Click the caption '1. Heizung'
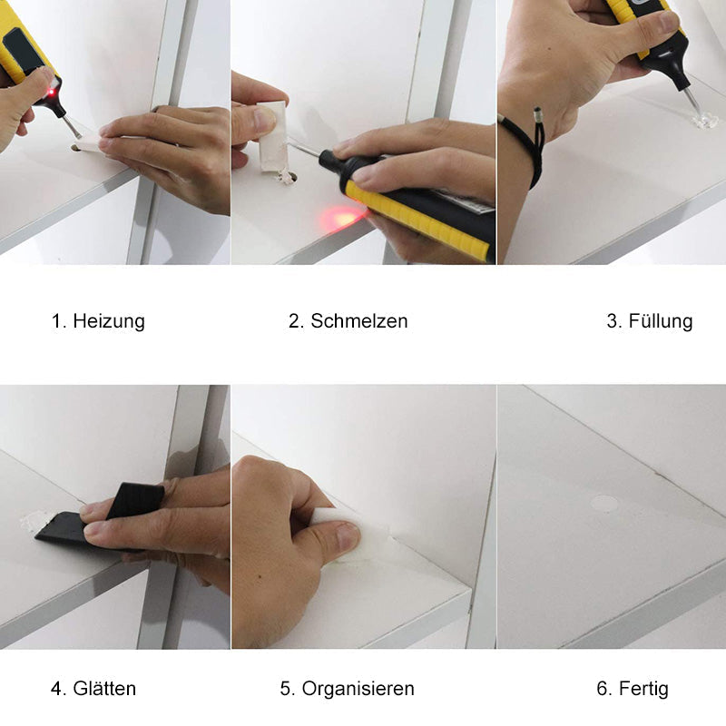[x=97, y=321]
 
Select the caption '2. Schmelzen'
[x=348, y=321]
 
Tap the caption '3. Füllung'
[x=649, y=321]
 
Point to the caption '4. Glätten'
[x=93, y=689]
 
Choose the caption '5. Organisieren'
[x=347, y=689]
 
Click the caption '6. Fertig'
[x=633, y=689]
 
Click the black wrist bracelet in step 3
[x=532, y=145]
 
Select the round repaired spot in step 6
[x=604, y=503]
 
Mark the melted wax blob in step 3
[x=702, y=122]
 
